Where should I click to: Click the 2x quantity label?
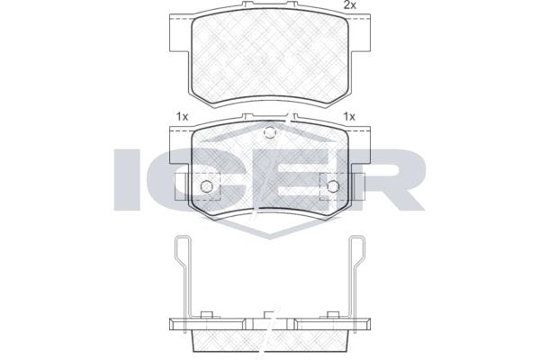pos(349,5)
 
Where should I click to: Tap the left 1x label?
pos(182,117)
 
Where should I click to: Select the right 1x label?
pos(349,117)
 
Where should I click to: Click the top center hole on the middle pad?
pos(270,132)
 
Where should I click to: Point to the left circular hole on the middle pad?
pos(207,186)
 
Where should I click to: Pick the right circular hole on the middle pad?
pos(333,186)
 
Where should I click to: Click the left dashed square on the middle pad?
pos(198,186)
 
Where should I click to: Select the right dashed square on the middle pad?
pos(342,186)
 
